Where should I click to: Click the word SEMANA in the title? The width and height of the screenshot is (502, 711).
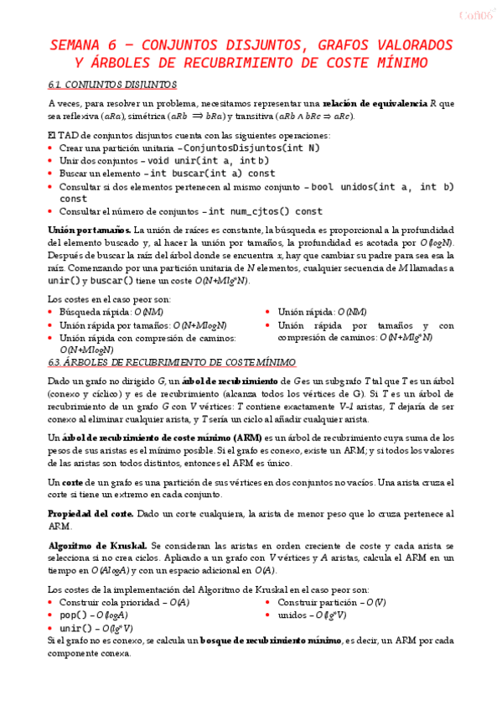pyautogui.click(x=75, y=45)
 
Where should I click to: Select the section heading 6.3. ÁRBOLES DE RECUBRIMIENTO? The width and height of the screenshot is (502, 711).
pyautogui.click(x=172, y=362)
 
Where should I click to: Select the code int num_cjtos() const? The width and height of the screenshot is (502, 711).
pyautogui.click(x=265, y=211)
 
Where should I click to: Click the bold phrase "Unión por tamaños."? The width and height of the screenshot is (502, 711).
pyautogui.click(x=90, y=230)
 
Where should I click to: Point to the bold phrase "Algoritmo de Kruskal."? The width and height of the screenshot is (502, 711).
pyautogui.click(x=97, y=545)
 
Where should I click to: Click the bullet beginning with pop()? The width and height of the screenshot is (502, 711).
pyautogui.click(x=93, y=615)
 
